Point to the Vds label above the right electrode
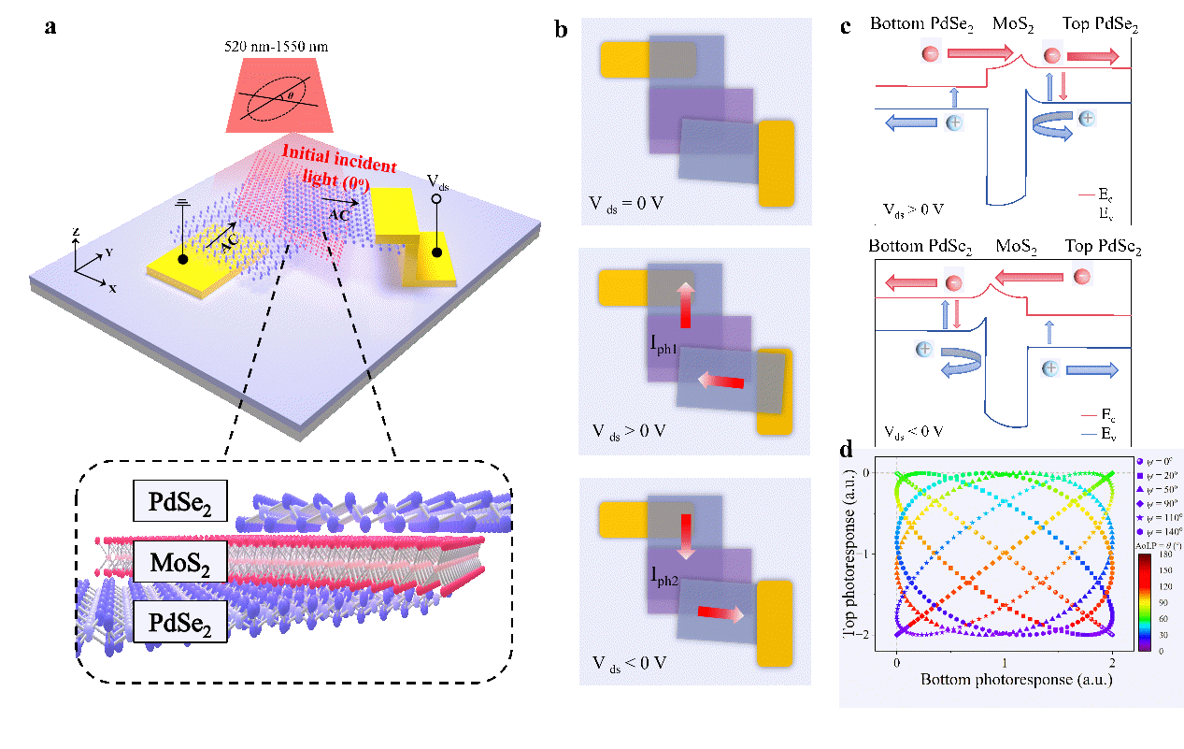click(437, 180)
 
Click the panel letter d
click(847, 450)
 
